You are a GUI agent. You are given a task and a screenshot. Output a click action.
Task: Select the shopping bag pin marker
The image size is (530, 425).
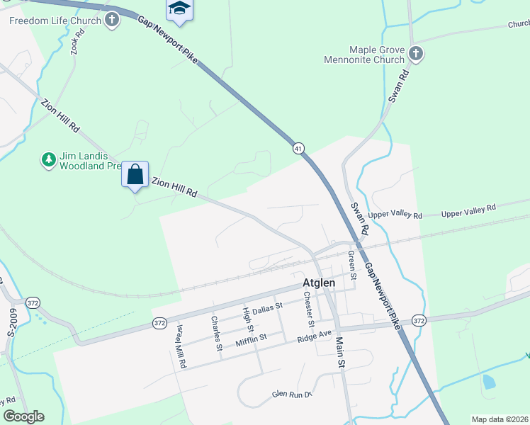pyautogui.click(x=135, y=174)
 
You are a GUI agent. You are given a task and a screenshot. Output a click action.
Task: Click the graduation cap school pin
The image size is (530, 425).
pyautogui.click(x=179, y=9)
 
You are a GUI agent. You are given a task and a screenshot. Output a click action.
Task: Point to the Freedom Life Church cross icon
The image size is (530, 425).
pyautogui.click(x=112, y=21)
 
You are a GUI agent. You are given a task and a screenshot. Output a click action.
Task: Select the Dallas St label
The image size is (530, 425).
pyautogui.click(x=267, y=307)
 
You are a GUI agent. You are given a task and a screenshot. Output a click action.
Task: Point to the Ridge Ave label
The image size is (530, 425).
pyautogui.click(x=314, y=335)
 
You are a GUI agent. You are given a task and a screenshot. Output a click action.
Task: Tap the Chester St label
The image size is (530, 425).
pyautogui.click(x=308, y=308)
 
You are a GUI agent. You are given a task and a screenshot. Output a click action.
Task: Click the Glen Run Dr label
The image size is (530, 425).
pyautogui.click(x=292, y=394)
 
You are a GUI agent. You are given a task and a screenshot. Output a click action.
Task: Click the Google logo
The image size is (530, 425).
pyautogui.click(x=23, y=416)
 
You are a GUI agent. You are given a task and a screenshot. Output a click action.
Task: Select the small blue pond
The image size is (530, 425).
pyautogui.click(x=488, y=382)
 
